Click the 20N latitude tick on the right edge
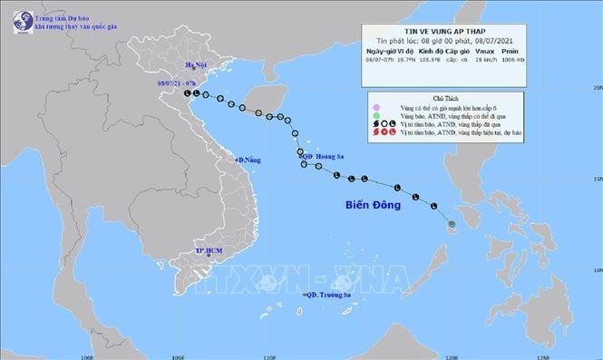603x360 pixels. [x=597, y=87]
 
